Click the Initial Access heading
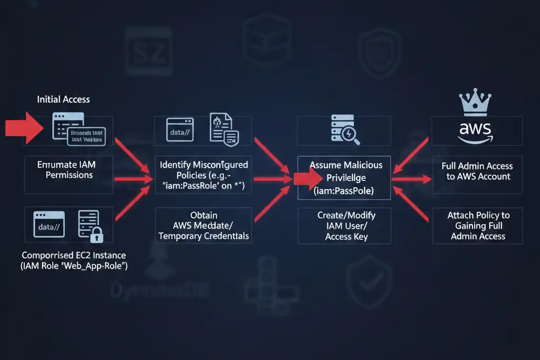tap(63, 99)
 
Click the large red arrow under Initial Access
tap(24, 128)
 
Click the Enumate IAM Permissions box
tap(69, 170)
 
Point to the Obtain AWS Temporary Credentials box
tap(204, 226)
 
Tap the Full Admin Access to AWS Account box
tap(477, 171)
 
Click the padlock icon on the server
tap(97, 236)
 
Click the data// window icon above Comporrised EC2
tap(48, 224)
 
